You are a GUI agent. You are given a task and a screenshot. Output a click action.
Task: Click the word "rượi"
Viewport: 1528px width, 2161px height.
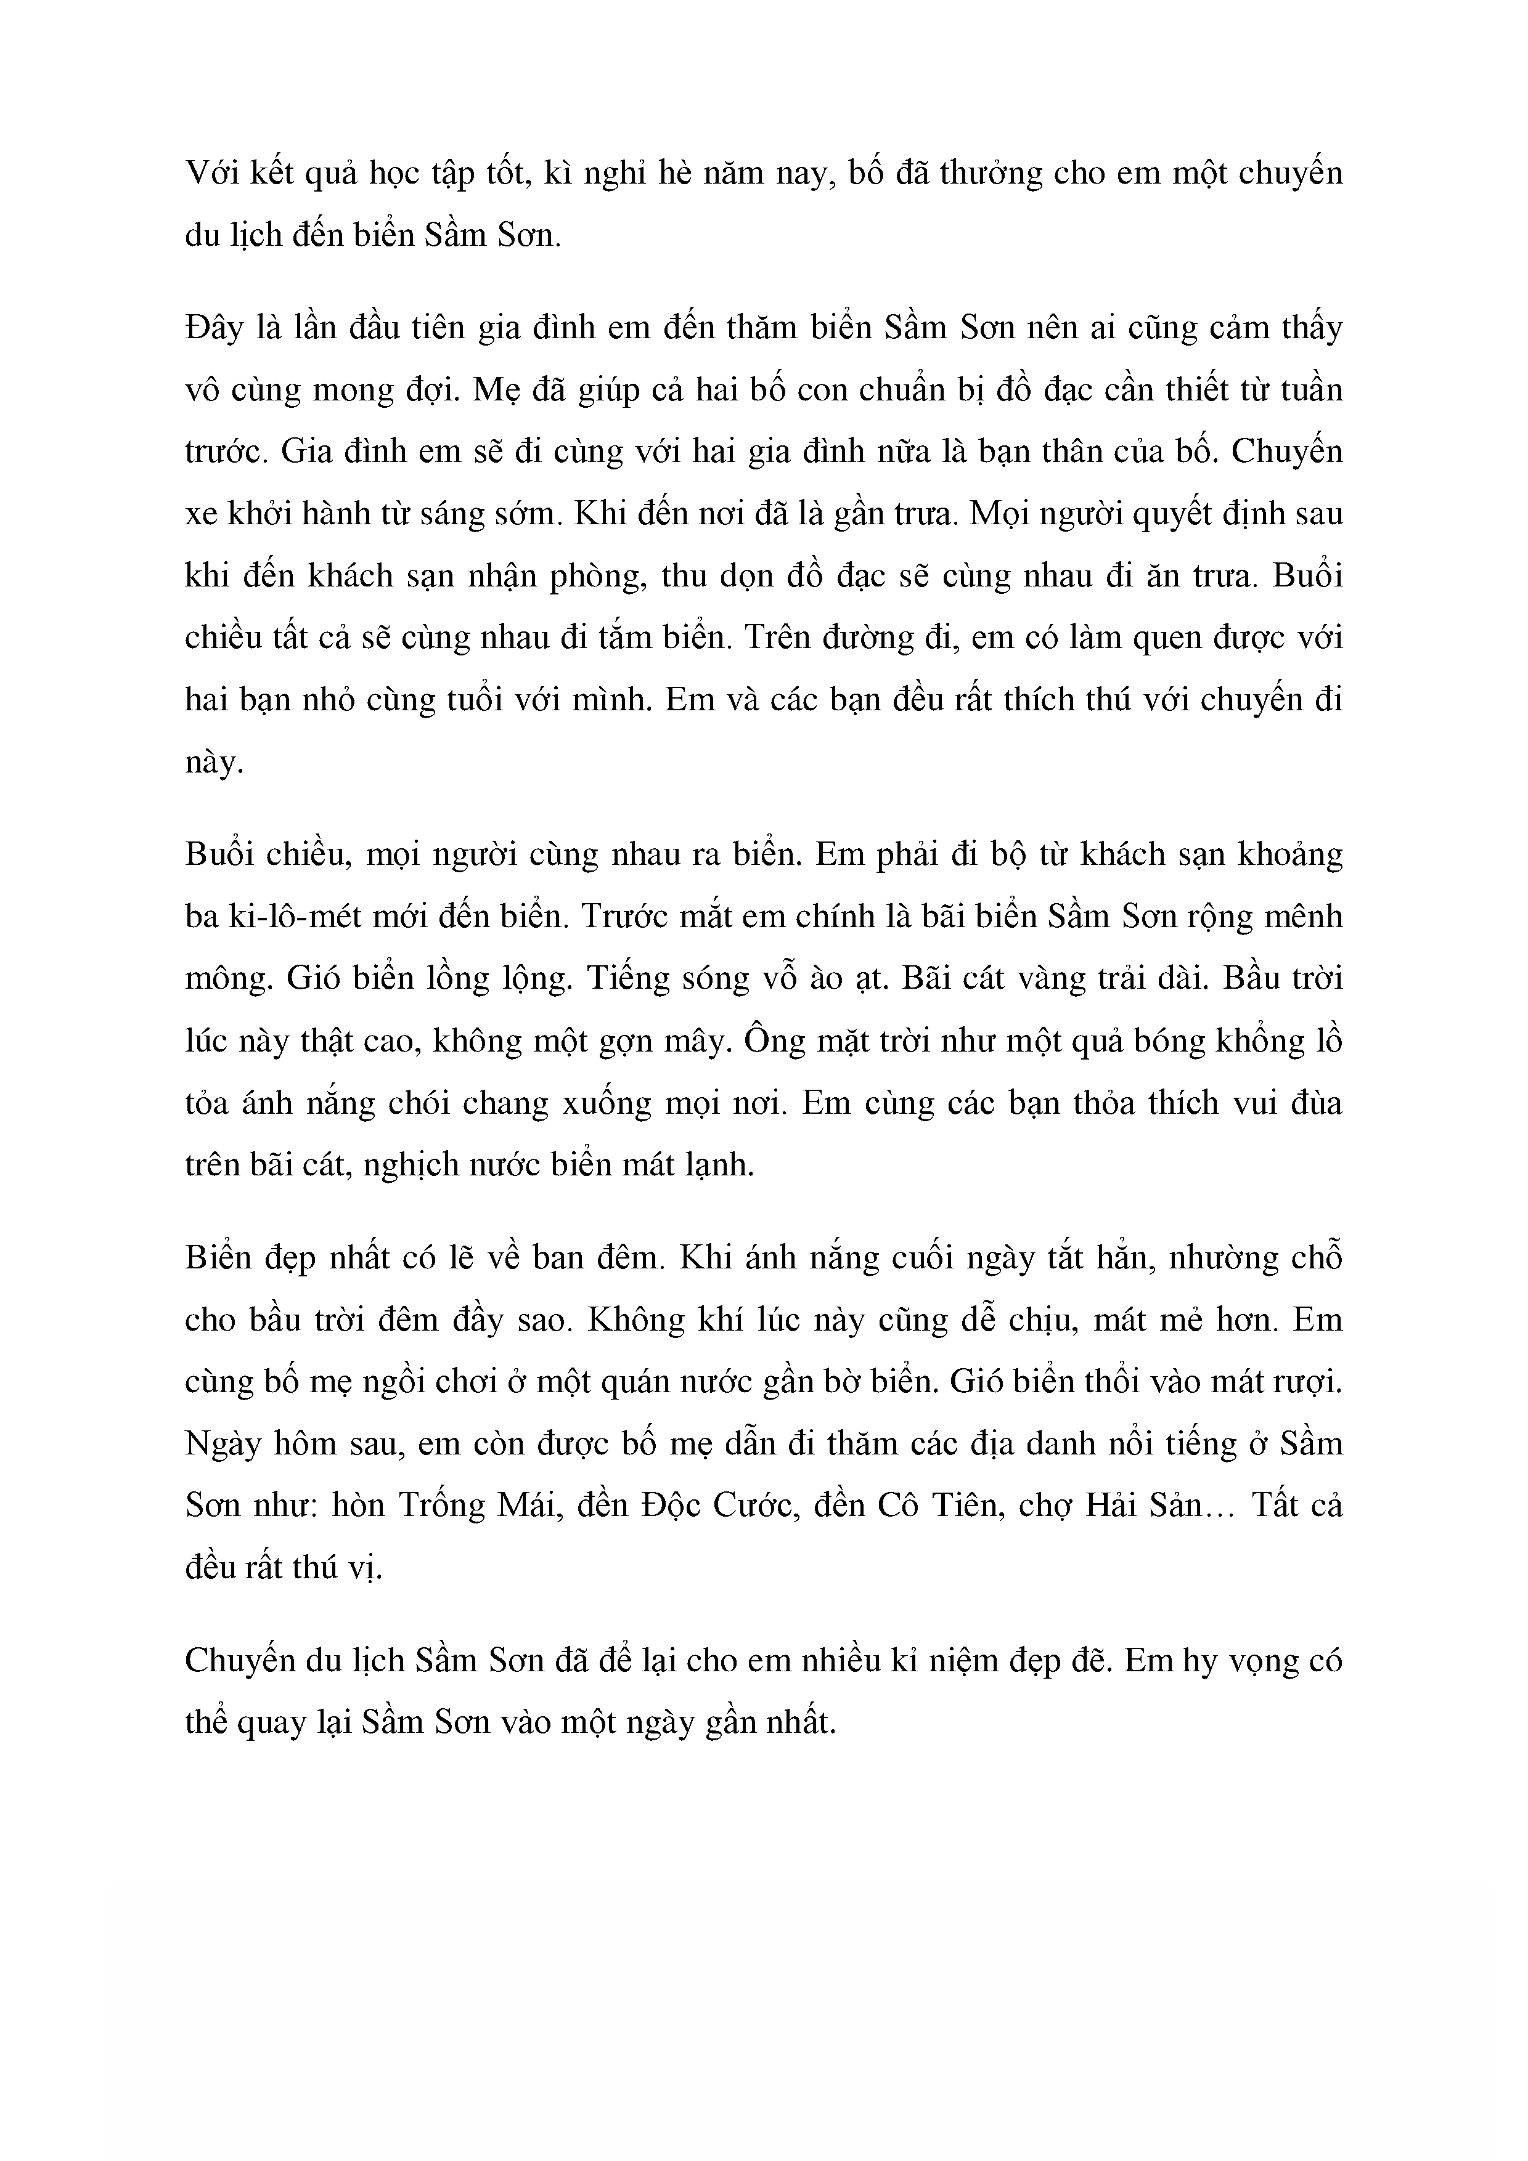pyautogui.click(x=1309, y=1382)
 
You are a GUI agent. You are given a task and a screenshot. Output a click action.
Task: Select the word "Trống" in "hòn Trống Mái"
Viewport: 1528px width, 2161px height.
pyautogui.click(x=441, y=1507)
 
